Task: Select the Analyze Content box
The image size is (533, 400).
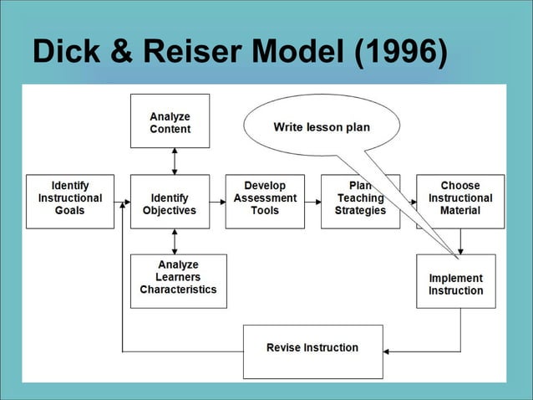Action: (x=170, y=122)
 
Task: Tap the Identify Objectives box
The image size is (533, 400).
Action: (x=170, y=201)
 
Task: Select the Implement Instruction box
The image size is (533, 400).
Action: (x=455, y=281)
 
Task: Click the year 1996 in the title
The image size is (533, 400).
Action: (x=399, y=53)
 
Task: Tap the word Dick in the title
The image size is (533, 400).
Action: (x=64, y=53)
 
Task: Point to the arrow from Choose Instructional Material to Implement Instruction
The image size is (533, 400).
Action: (x=460, y=242)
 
